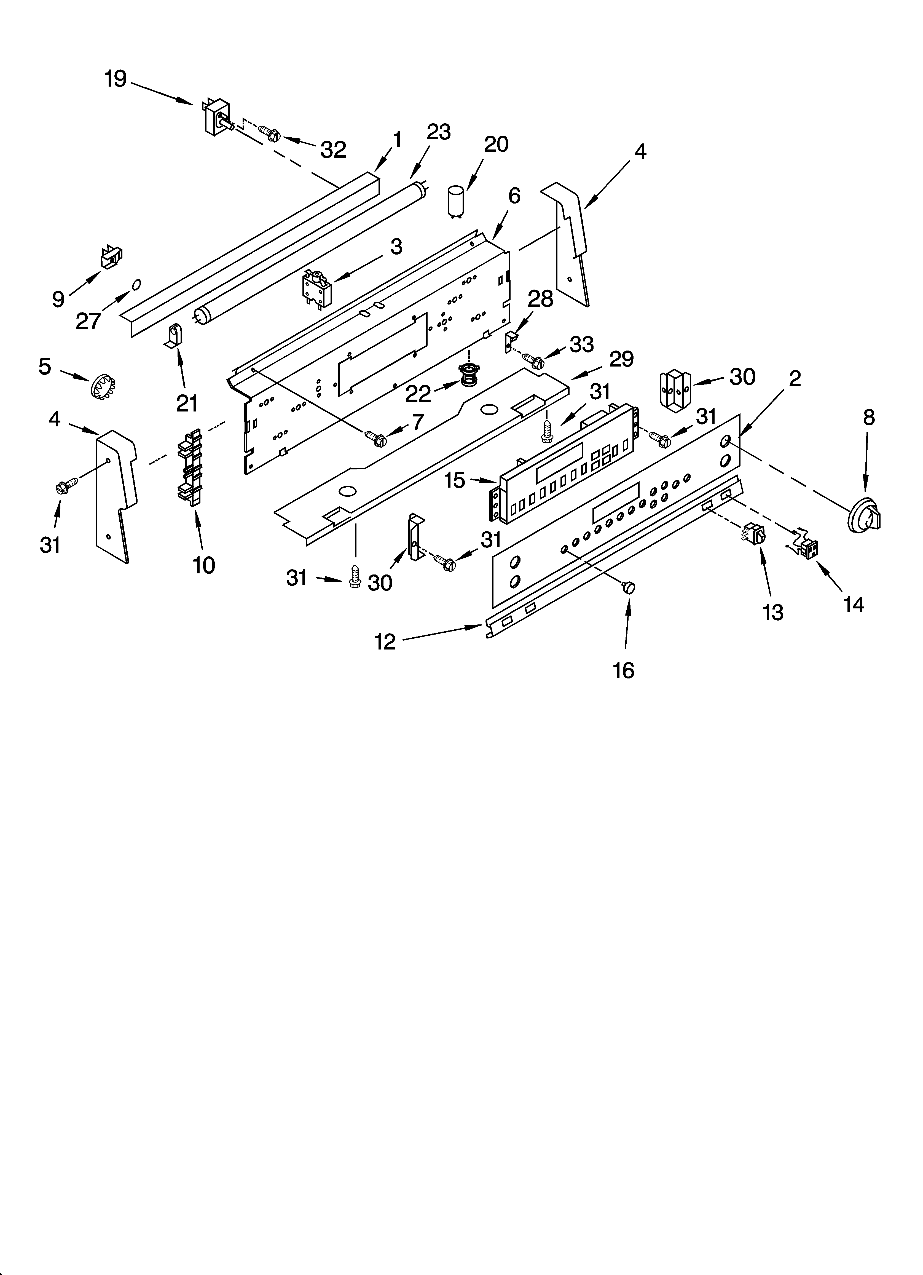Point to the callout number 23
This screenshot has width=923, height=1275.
click(438, 132)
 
